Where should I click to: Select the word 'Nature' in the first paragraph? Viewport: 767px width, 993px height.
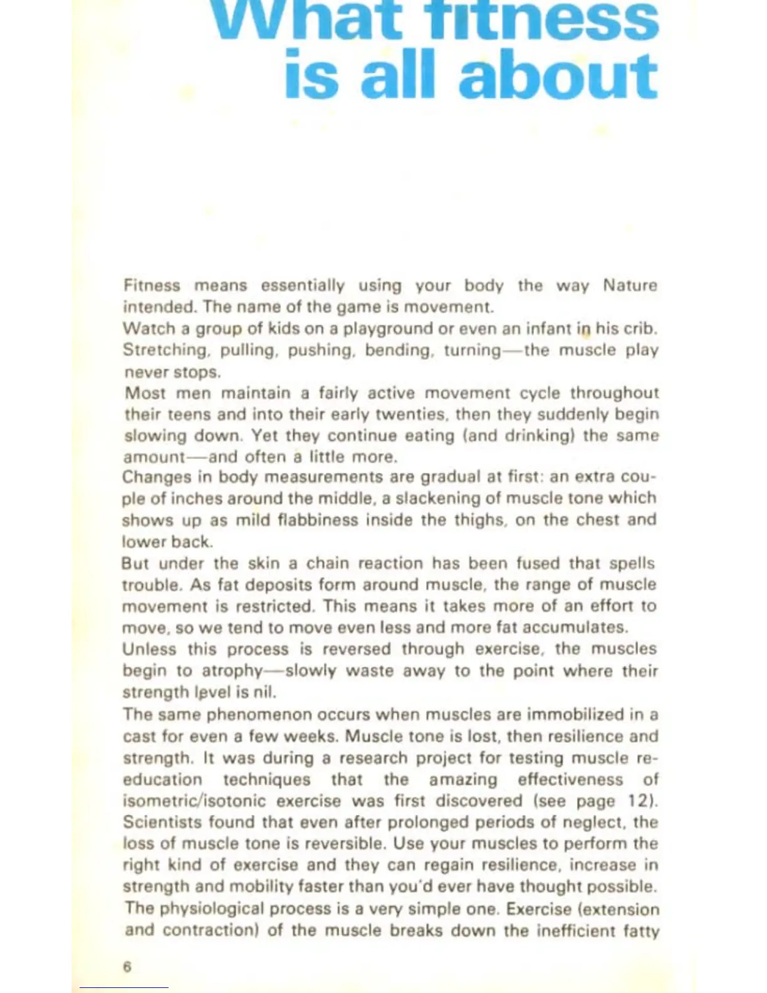(x=630, y=286)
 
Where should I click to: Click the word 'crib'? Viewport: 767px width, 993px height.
(x=640, y=328)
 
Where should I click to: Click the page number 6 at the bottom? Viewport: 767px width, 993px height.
(x=127, y=967)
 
